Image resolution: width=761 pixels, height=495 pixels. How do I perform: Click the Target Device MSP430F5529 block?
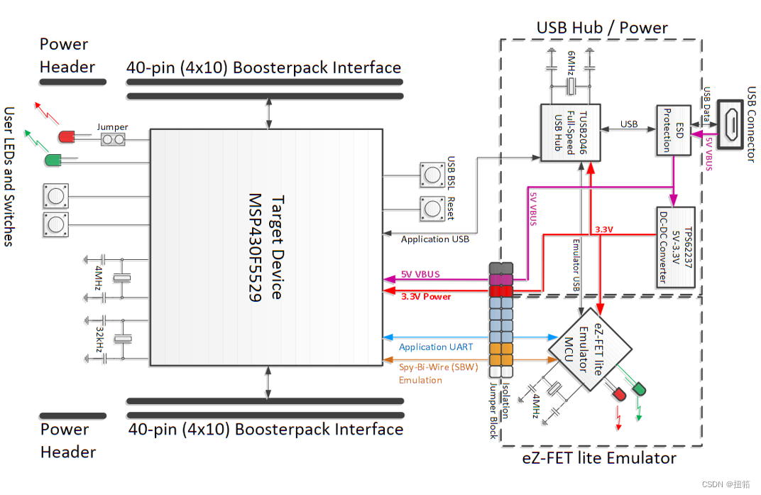tap(266, 246)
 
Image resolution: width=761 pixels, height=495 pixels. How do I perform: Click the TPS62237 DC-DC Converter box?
tap(675, 247)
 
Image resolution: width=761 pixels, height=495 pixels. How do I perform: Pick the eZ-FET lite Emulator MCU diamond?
tap(590, 347)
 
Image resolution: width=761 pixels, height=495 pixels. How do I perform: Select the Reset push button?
tap(431, 208)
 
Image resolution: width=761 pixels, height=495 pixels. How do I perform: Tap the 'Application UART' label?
tap(436, 347)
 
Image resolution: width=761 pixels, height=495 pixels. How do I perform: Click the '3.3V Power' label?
tap(426, 296)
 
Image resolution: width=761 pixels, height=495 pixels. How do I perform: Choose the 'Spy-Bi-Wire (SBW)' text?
tap(439, 367)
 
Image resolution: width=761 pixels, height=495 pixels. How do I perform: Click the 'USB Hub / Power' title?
tap(602, 28)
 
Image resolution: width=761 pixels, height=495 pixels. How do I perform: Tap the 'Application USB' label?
tap(434, 239)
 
